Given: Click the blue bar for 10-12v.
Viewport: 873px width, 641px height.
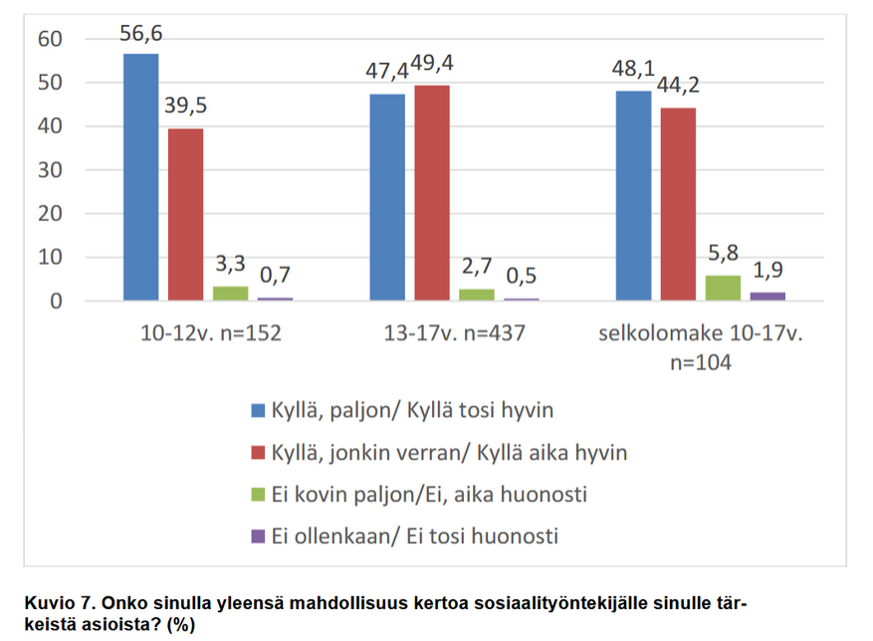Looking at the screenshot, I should [140, 176].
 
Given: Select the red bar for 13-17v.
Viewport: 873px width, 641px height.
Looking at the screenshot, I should [432, 192].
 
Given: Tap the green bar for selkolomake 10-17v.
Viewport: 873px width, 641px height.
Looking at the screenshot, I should [723, 288].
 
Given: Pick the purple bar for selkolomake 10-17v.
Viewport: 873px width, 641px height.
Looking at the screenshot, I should [766, 296].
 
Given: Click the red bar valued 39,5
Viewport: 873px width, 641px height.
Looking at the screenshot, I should [185, 214].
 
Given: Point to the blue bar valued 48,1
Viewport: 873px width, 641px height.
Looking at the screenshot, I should [633, 195].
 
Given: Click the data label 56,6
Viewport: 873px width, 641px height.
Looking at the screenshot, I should [140, 34].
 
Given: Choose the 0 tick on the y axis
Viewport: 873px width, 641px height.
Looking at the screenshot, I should [56, 301].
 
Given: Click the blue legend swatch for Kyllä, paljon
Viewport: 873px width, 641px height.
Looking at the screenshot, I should [258, 410].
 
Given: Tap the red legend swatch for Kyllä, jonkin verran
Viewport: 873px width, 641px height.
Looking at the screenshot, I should [258, 453].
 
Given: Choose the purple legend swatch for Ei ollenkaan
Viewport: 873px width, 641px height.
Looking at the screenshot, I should [258, 536].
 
